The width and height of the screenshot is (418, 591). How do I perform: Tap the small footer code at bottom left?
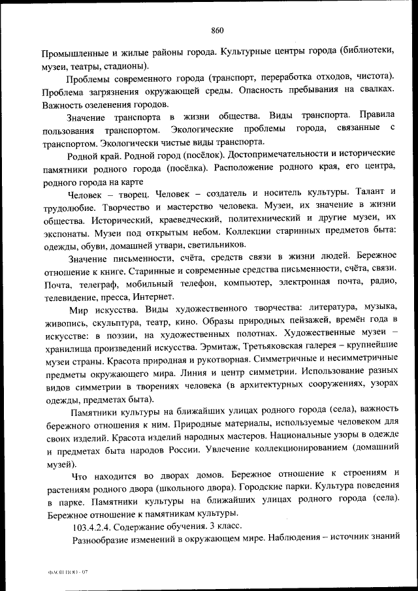pyautogui.click(x=59, y=572)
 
